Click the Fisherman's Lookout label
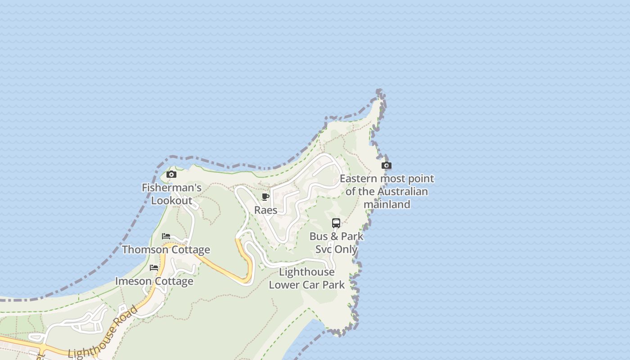tap(171, 194)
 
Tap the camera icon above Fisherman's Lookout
tap(171, 175)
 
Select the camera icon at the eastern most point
tap(386, 166)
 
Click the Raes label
tap(265, 210)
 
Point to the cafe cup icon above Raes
tap(265, 197)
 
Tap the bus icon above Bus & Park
tap(336, 223)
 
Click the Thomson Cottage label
tap(166, 250)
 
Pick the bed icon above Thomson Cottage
tap(166, 236)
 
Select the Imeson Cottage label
tap(154, 281)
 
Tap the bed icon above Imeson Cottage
tap(154, 268)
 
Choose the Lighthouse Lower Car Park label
tap(307, 278)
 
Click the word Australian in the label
tap(402, 191)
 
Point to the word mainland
tap(387, 204)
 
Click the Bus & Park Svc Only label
tap(336, 243)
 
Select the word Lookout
tap(171, 201)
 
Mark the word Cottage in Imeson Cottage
tap(173, 281)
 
